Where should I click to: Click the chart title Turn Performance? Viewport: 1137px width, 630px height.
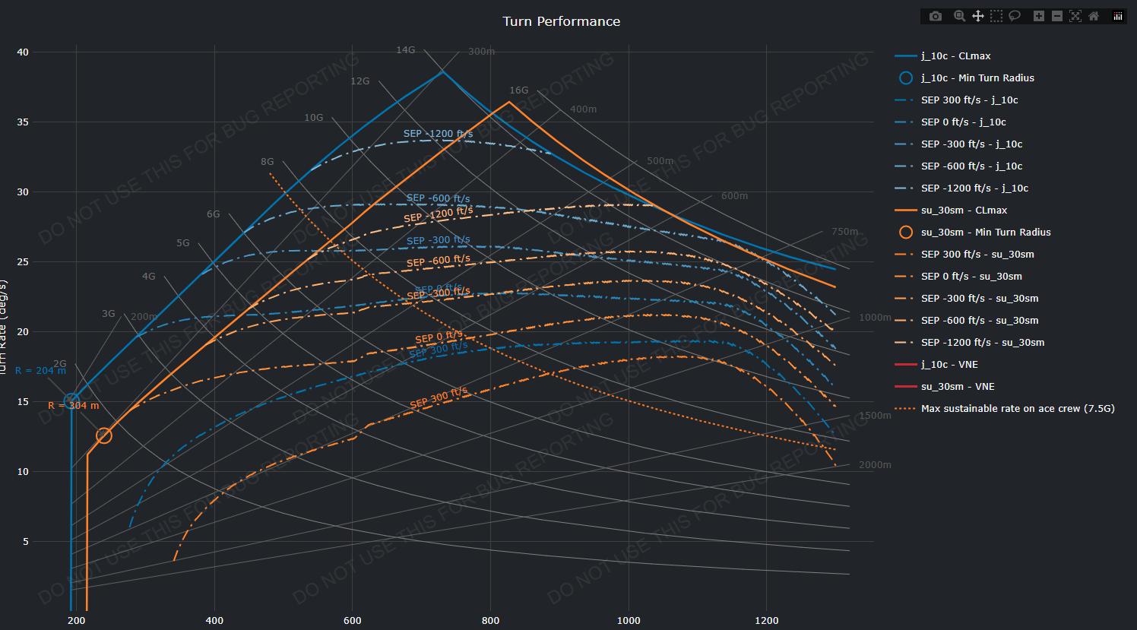click(561, 21)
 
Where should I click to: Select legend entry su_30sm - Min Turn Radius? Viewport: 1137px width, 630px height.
click(985, 233)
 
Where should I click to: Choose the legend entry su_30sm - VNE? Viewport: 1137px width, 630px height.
click(958, 387)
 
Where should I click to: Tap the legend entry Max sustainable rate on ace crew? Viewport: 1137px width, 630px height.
click(1017, 409)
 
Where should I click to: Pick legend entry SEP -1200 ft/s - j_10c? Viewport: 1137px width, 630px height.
click(974, 188)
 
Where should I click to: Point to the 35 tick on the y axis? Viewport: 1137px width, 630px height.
click(23, 122)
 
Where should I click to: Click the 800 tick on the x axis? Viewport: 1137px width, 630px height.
click(490, 621)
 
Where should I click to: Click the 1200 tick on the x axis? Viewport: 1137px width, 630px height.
click(766, 621)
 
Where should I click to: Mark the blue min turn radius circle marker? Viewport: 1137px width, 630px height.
click(71, 401)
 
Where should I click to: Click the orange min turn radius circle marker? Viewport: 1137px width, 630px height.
click(104, 435)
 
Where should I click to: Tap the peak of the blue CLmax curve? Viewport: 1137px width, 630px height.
click(443, 71)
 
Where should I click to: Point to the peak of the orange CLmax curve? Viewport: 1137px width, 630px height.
click(509, 102)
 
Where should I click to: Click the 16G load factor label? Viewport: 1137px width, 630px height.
click(518, 90)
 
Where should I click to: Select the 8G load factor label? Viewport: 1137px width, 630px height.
click(267, 162)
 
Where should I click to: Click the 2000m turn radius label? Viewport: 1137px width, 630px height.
click(875, 465)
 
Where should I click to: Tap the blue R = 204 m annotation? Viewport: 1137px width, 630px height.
click(40, 371)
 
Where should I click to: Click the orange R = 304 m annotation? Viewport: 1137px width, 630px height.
click(73, 406)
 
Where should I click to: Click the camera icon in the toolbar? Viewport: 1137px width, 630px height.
click(936, 16)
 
